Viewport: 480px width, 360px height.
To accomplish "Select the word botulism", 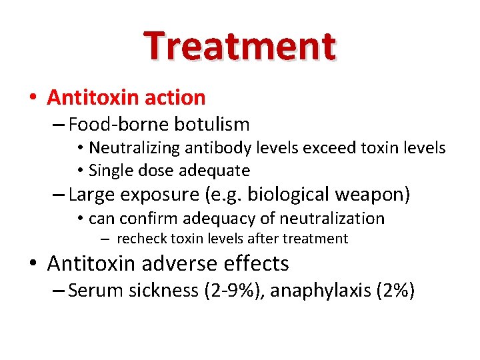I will [212, 125].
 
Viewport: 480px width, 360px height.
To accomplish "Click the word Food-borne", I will [119, 125].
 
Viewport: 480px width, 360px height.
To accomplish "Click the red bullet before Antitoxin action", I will [33, 98].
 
